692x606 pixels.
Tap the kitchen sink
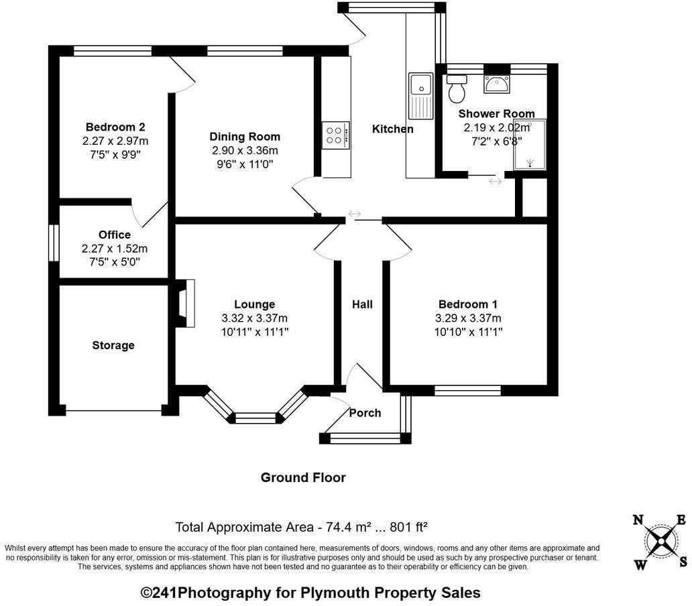(420, 86)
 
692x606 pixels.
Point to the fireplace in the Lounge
(185, 304)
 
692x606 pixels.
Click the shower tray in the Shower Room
(530, 145)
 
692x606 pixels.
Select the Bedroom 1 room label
(468, 304)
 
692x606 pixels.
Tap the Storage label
(113, 345)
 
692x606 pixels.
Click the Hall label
(362, 304)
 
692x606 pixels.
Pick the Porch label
(365, 413)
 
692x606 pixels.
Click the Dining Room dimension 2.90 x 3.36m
(245, 150)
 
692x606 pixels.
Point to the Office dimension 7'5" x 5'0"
(114, 262)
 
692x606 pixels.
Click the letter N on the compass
(638, 520)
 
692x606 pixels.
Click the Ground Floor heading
(303, 478)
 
